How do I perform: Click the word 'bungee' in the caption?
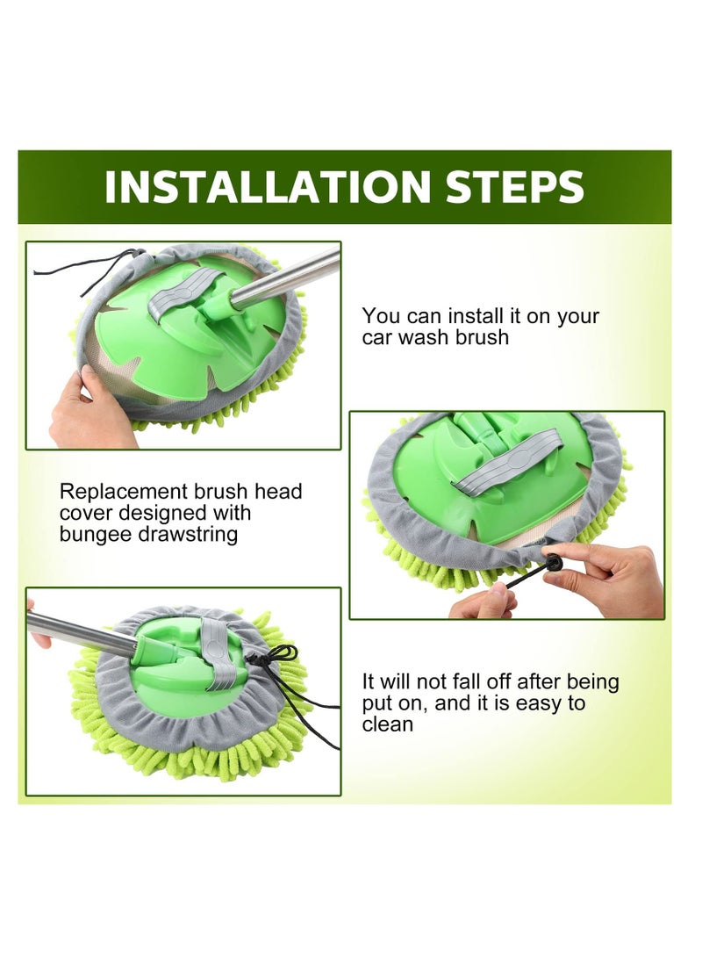click(96, 535)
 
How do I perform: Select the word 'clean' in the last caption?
click(388, 724)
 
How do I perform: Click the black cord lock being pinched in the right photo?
click(554, 562)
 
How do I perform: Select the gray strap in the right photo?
click(505, 459)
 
